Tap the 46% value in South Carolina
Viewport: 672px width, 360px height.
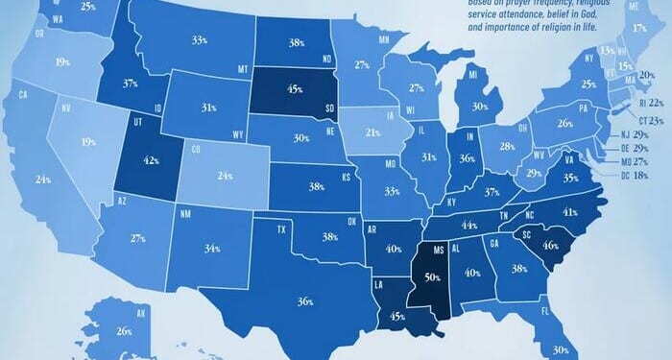tap(551, 245)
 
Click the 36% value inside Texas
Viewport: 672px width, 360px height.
tap(305, 301)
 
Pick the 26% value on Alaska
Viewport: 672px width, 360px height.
tap(123, 332)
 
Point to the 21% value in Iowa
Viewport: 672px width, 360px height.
tap(373, 132)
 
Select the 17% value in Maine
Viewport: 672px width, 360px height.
tap(640, 29)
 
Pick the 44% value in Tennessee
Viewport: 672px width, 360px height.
tap(469, 225)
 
